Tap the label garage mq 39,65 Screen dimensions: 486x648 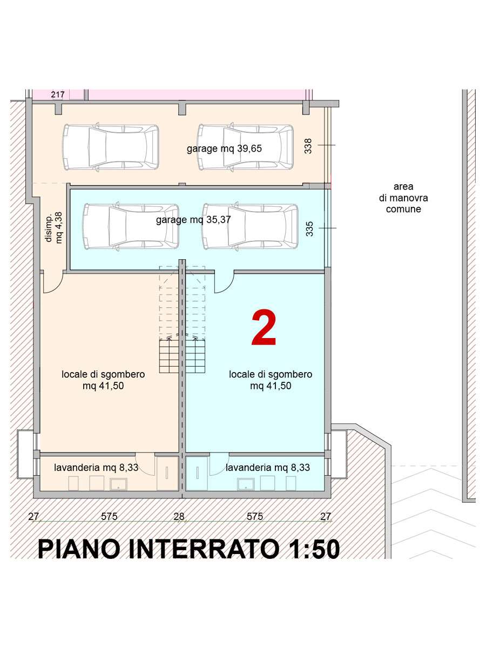click(224, 148)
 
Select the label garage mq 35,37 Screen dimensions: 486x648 click(193, 220)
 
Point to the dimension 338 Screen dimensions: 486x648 click(308, 146)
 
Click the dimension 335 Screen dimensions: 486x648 click(309, 229)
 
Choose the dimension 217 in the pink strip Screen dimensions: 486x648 click(58, 94)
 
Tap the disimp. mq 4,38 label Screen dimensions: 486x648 click(54, 228)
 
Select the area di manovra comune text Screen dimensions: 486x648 click(403, 198)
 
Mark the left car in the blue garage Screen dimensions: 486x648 click(131, 226)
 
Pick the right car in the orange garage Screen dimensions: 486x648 click(245, 147)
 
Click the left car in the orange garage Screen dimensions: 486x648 click(111, 147)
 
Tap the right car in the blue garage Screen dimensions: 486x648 click(250, 226)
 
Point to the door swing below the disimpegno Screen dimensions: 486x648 click(53, 282)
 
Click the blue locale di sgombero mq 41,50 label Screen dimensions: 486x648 click(271, 380)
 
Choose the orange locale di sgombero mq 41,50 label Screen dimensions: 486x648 click(103, 380)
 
